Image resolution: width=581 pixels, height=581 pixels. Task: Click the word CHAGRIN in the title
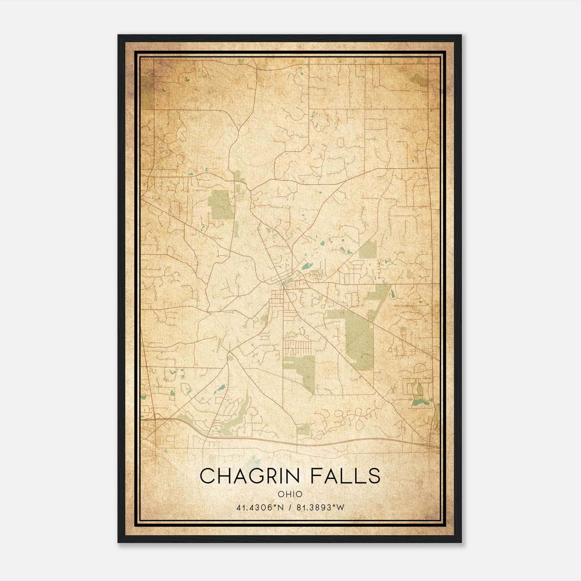pos(250,476)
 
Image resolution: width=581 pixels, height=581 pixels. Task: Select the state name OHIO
pos(290,494)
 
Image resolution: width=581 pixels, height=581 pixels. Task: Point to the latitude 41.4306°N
pos(260,508)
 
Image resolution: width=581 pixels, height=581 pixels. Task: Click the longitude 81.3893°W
pos(320,508)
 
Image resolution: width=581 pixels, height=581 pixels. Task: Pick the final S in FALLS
pos(374,476)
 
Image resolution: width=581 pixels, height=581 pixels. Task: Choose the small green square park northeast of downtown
pos(368,249)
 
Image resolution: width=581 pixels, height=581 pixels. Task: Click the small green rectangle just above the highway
pos(304,430)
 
